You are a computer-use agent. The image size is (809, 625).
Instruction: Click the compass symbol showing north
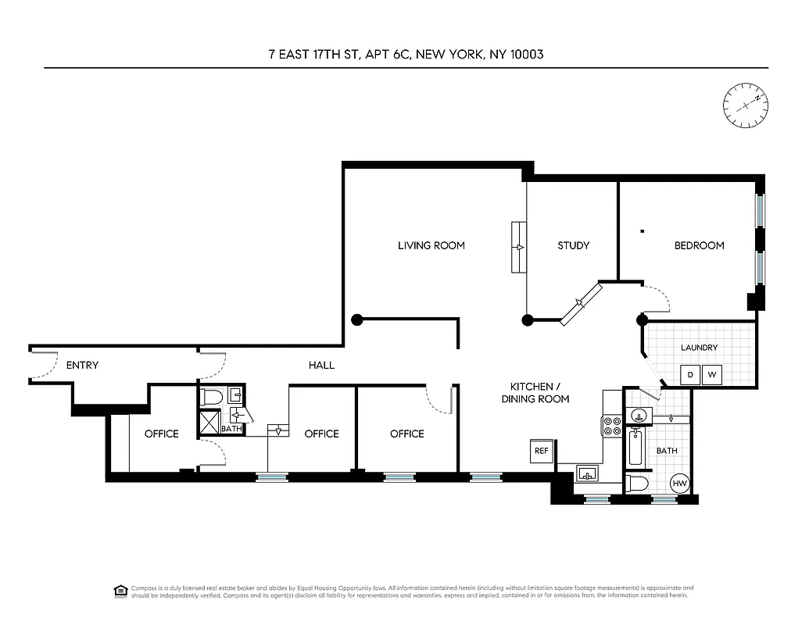745,105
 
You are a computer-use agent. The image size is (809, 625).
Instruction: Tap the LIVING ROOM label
431,245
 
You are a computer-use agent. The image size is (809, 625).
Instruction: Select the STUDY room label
573,245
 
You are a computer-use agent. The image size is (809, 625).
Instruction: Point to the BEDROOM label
699,245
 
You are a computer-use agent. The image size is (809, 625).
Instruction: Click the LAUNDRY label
699,348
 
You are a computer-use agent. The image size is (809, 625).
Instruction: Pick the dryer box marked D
689,375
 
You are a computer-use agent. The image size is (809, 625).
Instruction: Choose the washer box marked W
712,375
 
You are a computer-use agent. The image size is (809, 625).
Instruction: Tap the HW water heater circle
680,484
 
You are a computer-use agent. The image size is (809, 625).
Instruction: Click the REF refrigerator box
541,451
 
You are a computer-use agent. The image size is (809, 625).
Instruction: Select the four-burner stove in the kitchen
611,426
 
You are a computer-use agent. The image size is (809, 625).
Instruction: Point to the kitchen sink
588,473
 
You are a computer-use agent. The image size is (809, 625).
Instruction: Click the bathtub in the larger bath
635,449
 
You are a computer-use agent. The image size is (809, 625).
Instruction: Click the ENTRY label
82,365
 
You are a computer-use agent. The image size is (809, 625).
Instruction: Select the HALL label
321,365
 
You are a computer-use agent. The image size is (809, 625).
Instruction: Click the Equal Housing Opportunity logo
120,589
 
